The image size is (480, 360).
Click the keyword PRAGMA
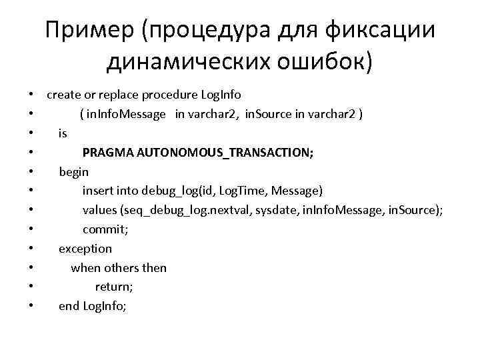pyautogui.click(x=107, y=153)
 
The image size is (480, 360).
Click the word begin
pyautogui.click(x=73, y=172)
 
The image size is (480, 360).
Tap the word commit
pyautogui.click(x=105, y=229)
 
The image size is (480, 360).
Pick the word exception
pyautogui.click(x=85, y=249)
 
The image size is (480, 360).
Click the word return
pyautogui.click(x=114, y=287)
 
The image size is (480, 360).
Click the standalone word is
pyautogui.click(x=63, y=133)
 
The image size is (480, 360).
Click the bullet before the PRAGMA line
pyautogui.click(x=31, y=153)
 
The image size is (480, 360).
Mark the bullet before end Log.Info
pyautogui.click(x=31, y=307)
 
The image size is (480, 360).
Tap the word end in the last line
pyautogui.click(x=69, y=306)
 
